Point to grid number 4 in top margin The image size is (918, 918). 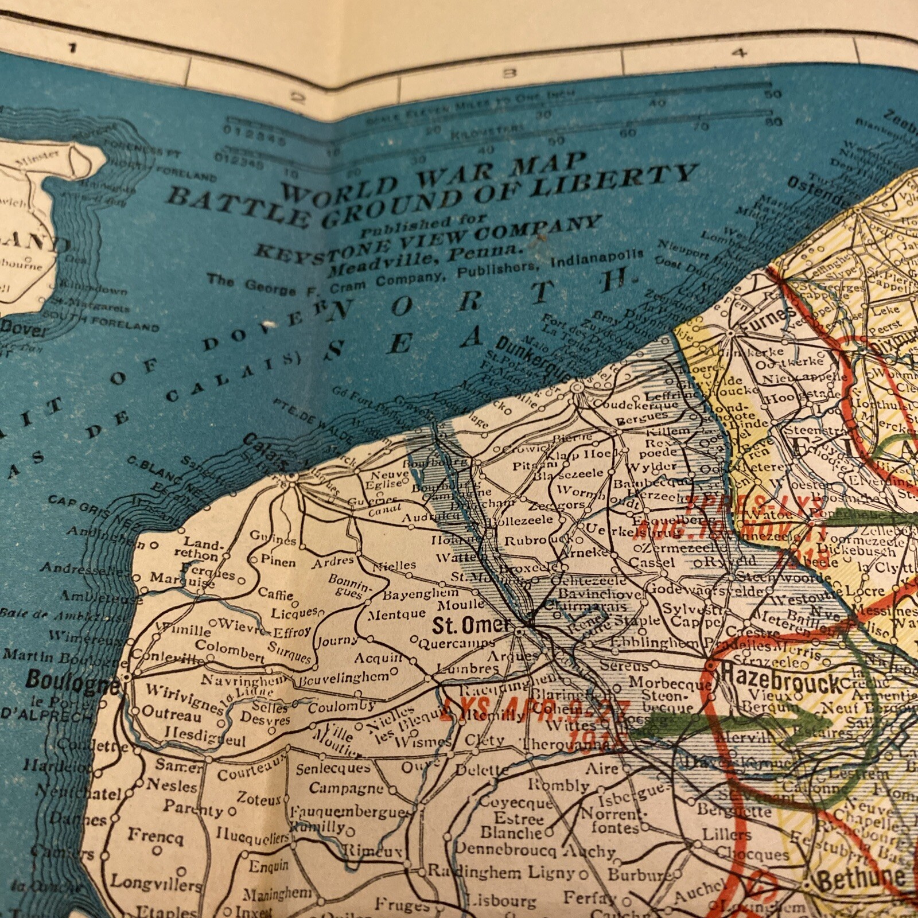click(740, 53)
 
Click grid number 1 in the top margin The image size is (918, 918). click(72, 48)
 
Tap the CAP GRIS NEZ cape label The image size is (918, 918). click(92, 508)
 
